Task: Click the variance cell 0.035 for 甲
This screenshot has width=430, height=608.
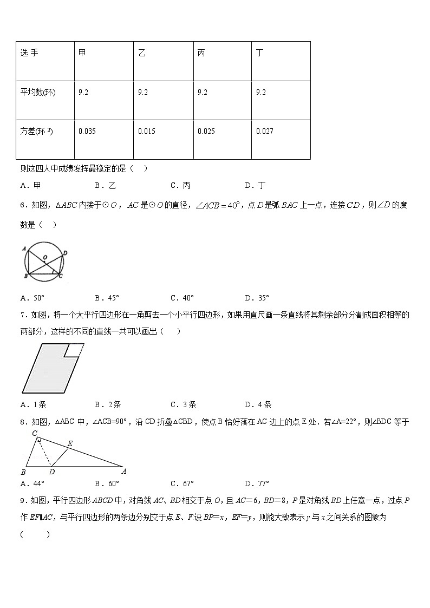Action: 87,131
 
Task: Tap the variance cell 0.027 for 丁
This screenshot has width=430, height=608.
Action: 265,131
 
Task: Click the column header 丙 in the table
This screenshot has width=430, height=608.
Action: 201,53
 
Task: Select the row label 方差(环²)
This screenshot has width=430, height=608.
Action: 37,131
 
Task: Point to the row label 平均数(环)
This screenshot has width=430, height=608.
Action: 38,92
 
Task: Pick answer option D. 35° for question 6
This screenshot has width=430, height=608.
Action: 257,298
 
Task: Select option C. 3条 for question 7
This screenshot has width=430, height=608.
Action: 183,404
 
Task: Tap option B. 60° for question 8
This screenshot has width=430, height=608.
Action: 107,483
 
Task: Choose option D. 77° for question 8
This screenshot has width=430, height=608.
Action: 257,483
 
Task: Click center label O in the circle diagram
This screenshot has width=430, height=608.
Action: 45,257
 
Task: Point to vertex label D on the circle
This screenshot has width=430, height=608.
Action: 65,253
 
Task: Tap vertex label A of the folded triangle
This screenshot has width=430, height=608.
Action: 124,471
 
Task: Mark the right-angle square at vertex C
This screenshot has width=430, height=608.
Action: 38,440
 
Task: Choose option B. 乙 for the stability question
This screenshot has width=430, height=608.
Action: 105,186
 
